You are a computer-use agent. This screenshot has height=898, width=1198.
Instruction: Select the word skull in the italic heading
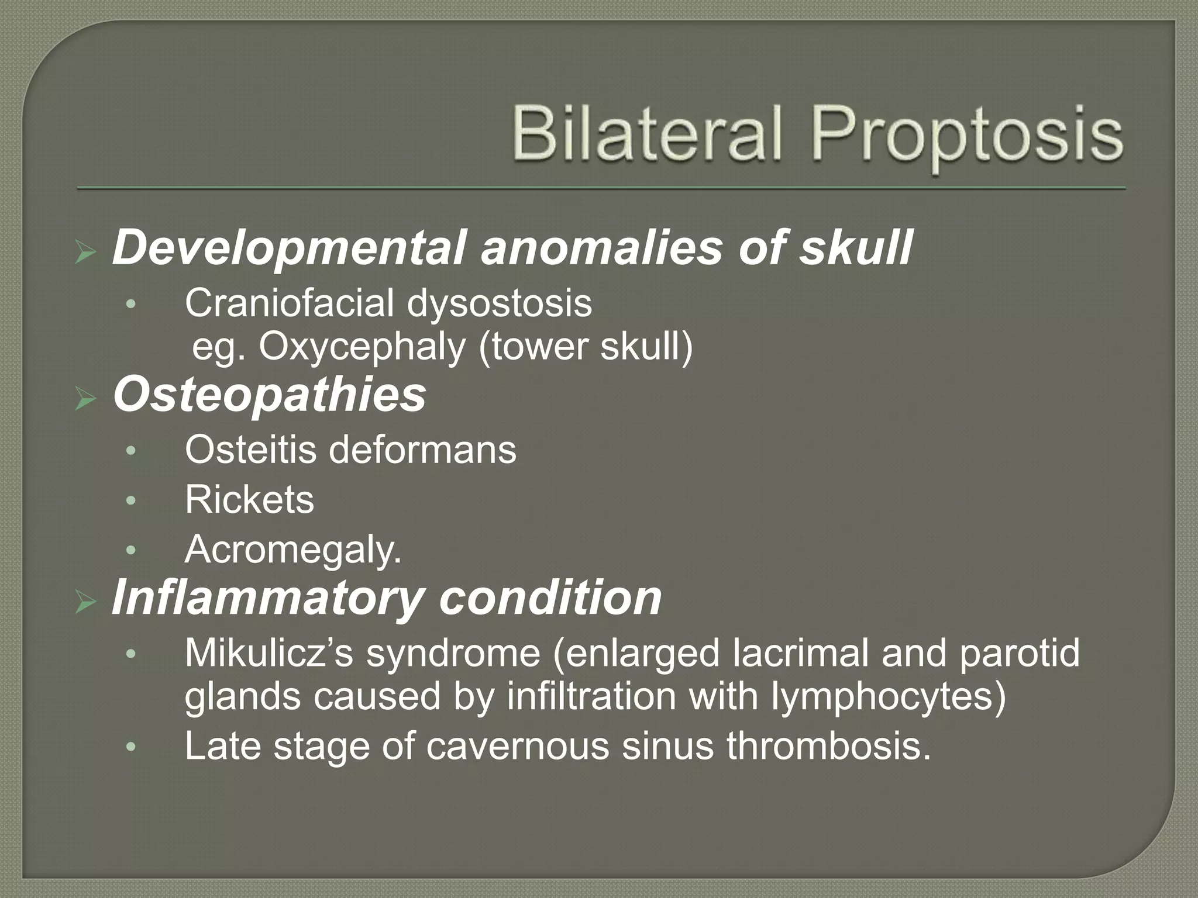point(855,248)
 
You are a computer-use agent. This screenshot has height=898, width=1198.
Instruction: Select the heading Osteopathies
point(270,395)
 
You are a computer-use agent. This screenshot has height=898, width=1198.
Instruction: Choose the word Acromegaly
point(292,550)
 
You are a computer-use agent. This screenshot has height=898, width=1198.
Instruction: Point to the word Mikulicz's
point(269,653)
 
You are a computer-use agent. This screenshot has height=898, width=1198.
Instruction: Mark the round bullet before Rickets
point(131,500)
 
